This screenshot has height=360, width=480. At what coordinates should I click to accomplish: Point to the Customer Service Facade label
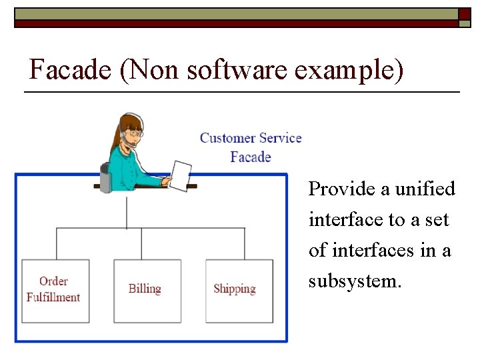click(251, 147)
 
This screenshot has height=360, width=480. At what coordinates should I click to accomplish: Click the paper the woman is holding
click(180, 175)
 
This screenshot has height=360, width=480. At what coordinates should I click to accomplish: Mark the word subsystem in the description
click(354, 281)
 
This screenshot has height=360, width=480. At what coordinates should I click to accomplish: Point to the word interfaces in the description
click(376, 251)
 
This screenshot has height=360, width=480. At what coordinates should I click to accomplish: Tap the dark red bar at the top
click(233, 23)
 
